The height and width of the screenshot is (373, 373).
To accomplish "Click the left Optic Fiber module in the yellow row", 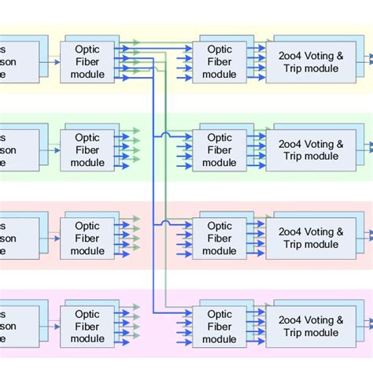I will tap(87, 61).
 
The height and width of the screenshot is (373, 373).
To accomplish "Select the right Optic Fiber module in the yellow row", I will tap(219, 61).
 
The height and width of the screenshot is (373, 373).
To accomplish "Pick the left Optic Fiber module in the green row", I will tap(87, 150).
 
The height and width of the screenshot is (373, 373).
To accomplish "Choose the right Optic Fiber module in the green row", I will tap(219, 150).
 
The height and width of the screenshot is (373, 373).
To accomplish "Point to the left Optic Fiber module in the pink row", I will tap(87, 238).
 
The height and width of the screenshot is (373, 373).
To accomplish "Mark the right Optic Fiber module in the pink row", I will tap(219, 238).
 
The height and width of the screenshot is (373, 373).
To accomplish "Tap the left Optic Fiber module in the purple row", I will tap(87, 327).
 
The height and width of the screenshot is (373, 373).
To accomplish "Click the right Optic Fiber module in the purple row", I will tap(219, 327).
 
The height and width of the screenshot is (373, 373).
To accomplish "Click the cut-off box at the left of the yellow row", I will tap(19, 61).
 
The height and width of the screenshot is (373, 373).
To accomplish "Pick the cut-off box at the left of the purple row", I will tap(19, 327).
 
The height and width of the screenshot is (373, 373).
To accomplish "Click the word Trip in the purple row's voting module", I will tap(296, 333).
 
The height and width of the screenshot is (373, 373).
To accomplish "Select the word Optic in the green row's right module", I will tap(219, 137).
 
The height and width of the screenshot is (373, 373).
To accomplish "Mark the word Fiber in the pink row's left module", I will tap(87, 238).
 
